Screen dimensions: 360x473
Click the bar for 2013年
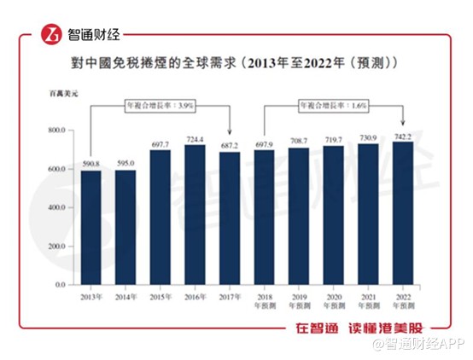(91, 228)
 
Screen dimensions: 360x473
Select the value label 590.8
(91, 165)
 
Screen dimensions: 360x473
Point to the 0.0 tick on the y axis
(60, 284)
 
